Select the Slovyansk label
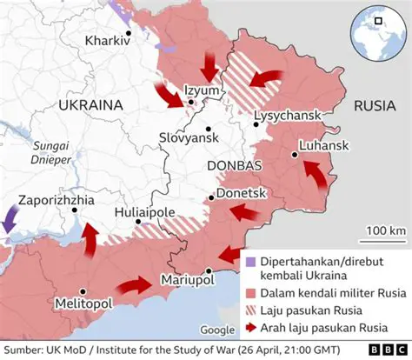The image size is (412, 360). click(x=188, y=137)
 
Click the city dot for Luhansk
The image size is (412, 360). click(x=295, y=155)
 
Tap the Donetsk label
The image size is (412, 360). click(x=240, y=190)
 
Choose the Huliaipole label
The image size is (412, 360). click(x=147, y=213)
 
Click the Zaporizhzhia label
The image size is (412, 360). click(x=55, y=198)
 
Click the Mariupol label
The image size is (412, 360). click(x=189, y=280)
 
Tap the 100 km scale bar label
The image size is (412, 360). click(x=385, y=230)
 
